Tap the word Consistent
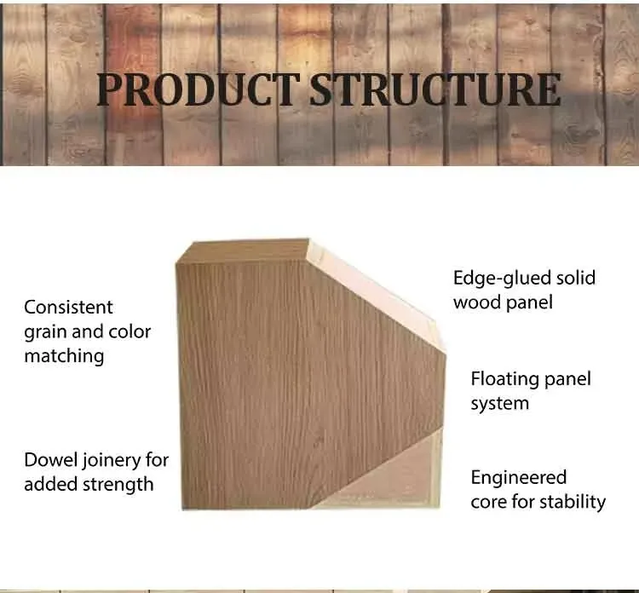[68, 307]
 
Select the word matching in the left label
[64, 356]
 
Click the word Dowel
[51, 460]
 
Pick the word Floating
[508, 378]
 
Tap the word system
[499, 403]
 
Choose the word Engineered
[518, 477]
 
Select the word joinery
[112, 461]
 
